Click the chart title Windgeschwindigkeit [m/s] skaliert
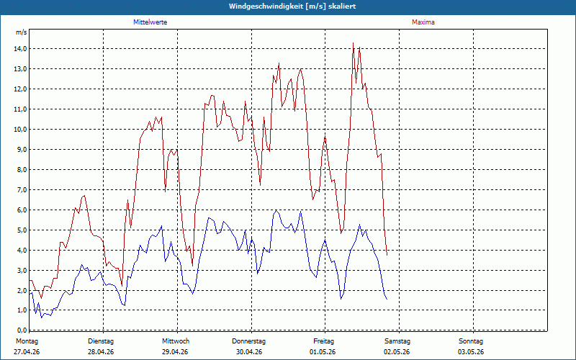(292, 6)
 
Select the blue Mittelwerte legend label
(150, 22)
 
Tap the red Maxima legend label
(423, 22)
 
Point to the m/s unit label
(22, 32)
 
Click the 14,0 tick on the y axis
(20, 49)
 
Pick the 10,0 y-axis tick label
(20, 130)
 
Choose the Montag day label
(27, 341)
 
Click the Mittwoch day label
(176, 341)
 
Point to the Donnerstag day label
(248, 341)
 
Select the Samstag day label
(397, 341)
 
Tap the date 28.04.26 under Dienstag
(101, 352)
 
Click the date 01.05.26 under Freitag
(323, 352)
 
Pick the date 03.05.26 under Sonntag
(471, 352)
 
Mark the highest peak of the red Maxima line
(353, 43)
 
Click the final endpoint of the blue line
(387, 299)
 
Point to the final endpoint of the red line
(387, 255)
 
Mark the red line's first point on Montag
(30, 280)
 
